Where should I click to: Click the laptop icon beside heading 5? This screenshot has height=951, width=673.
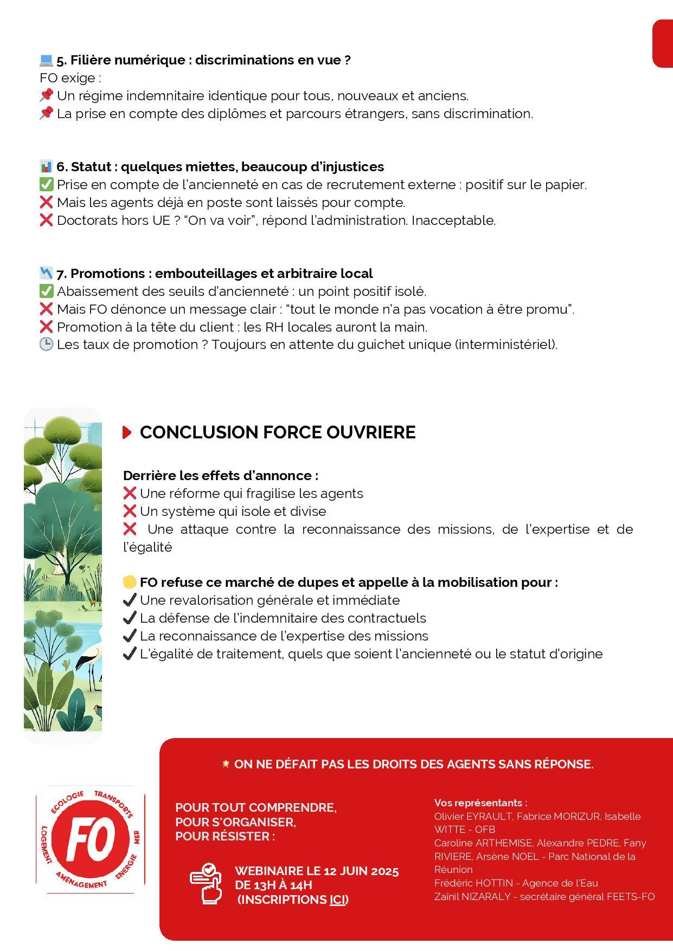click(x=46, y=60)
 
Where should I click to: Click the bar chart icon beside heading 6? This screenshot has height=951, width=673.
click(x=46, y=166)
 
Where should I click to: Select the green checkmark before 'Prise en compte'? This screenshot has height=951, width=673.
click(x=47, y=185)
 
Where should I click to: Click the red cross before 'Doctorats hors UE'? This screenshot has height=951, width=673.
click(x=47, y=220)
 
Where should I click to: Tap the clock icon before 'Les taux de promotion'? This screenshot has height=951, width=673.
click(x=47, y=345)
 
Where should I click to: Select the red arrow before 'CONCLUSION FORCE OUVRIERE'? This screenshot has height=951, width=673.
click(x=127, y=432)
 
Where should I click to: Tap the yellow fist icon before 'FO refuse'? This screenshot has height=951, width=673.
click(x=130, y=583)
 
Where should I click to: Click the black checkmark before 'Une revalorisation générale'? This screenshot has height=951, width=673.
click(x=130, y=600)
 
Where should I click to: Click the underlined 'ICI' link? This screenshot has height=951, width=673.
click(x=337, y=900)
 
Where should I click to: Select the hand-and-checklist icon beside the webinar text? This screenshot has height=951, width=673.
click(x=206, y=884)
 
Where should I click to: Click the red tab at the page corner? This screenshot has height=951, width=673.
click(x=662, y=44)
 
